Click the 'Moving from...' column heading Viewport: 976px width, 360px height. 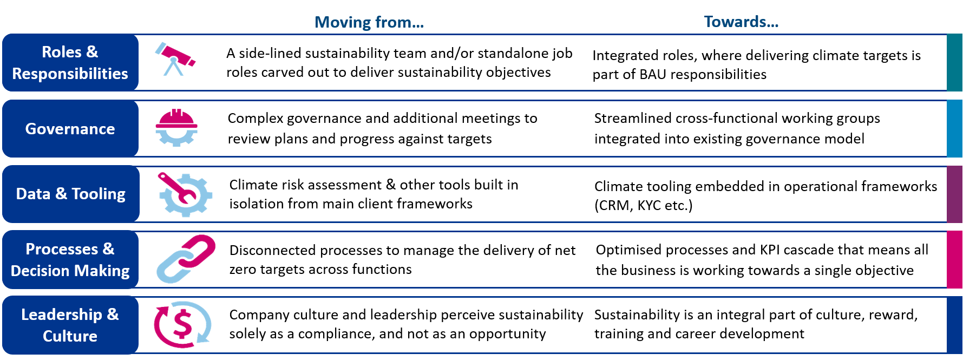tap(369, 22)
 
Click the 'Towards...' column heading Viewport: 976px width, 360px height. tap(741, 22)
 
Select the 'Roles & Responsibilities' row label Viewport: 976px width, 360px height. tap(70, 63)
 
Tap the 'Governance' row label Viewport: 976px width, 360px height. tap(70, 129)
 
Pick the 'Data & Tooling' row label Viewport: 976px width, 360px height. tap(70, 194)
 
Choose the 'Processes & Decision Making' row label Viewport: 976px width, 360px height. tap(70, 260)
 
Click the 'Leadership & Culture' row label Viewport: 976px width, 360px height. tap(70, 325)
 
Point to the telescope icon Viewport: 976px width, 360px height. tap(175, 60)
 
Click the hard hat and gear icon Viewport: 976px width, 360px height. tap(176, 128)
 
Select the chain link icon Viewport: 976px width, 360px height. tap(186, 259)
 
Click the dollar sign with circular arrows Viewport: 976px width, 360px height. tap(182, 324)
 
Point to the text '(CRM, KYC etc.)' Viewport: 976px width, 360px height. tap(643, 206)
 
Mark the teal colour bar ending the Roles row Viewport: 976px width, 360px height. tap(954, 62)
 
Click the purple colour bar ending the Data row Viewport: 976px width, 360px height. tap(954, 194)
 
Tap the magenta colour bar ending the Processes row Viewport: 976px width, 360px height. tap(954, 259)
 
